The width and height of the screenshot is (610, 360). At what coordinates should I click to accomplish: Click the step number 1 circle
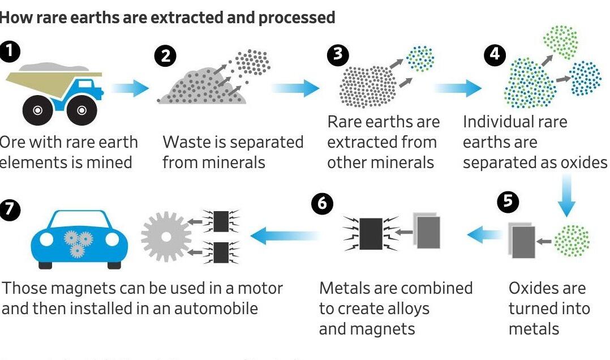point(10,52)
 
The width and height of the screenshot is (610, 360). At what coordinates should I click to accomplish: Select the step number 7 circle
point(10,210)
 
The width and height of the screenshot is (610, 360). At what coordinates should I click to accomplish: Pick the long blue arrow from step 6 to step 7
point(283,235)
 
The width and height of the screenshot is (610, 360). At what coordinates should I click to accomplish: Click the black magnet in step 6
point(371,233)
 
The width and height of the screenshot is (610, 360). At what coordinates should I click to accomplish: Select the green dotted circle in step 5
point(572,240)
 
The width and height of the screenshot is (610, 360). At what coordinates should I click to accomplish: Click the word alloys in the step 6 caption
point(404,308)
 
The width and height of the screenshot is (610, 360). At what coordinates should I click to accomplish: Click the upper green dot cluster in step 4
point(560,37)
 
